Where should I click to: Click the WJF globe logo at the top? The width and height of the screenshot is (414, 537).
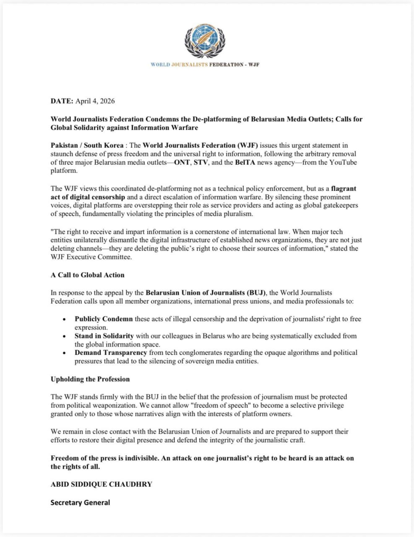[x=205, y=40]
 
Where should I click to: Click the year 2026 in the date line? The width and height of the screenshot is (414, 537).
[x=107, y=101]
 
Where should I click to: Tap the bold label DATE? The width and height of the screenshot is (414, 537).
[x=62, y=101]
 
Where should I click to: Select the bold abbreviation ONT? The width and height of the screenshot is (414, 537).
[x=182, y=162]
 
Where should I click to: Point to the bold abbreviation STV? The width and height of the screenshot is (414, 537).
[x=201, y=162]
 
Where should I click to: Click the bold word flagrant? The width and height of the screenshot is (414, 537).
[x=344, y=189]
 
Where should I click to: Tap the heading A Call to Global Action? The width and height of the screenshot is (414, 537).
[x=88, y=275]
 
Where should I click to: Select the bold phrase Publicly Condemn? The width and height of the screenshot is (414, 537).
[x=104, y=319]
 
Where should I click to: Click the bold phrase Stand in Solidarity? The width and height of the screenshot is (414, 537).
[x=104, y=336]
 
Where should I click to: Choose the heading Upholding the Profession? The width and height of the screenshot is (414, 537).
[x=90, y=379]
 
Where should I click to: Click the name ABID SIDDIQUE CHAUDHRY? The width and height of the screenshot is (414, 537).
[x=102, y=484]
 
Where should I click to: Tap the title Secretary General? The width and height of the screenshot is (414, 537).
[x=80, y=503]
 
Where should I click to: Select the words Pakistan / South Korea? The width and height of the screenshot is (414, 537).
[x=87, y=146]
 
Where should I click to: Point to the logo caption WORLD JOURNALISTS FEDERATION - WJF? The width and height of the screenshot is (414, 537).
[x=205, y=65]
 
